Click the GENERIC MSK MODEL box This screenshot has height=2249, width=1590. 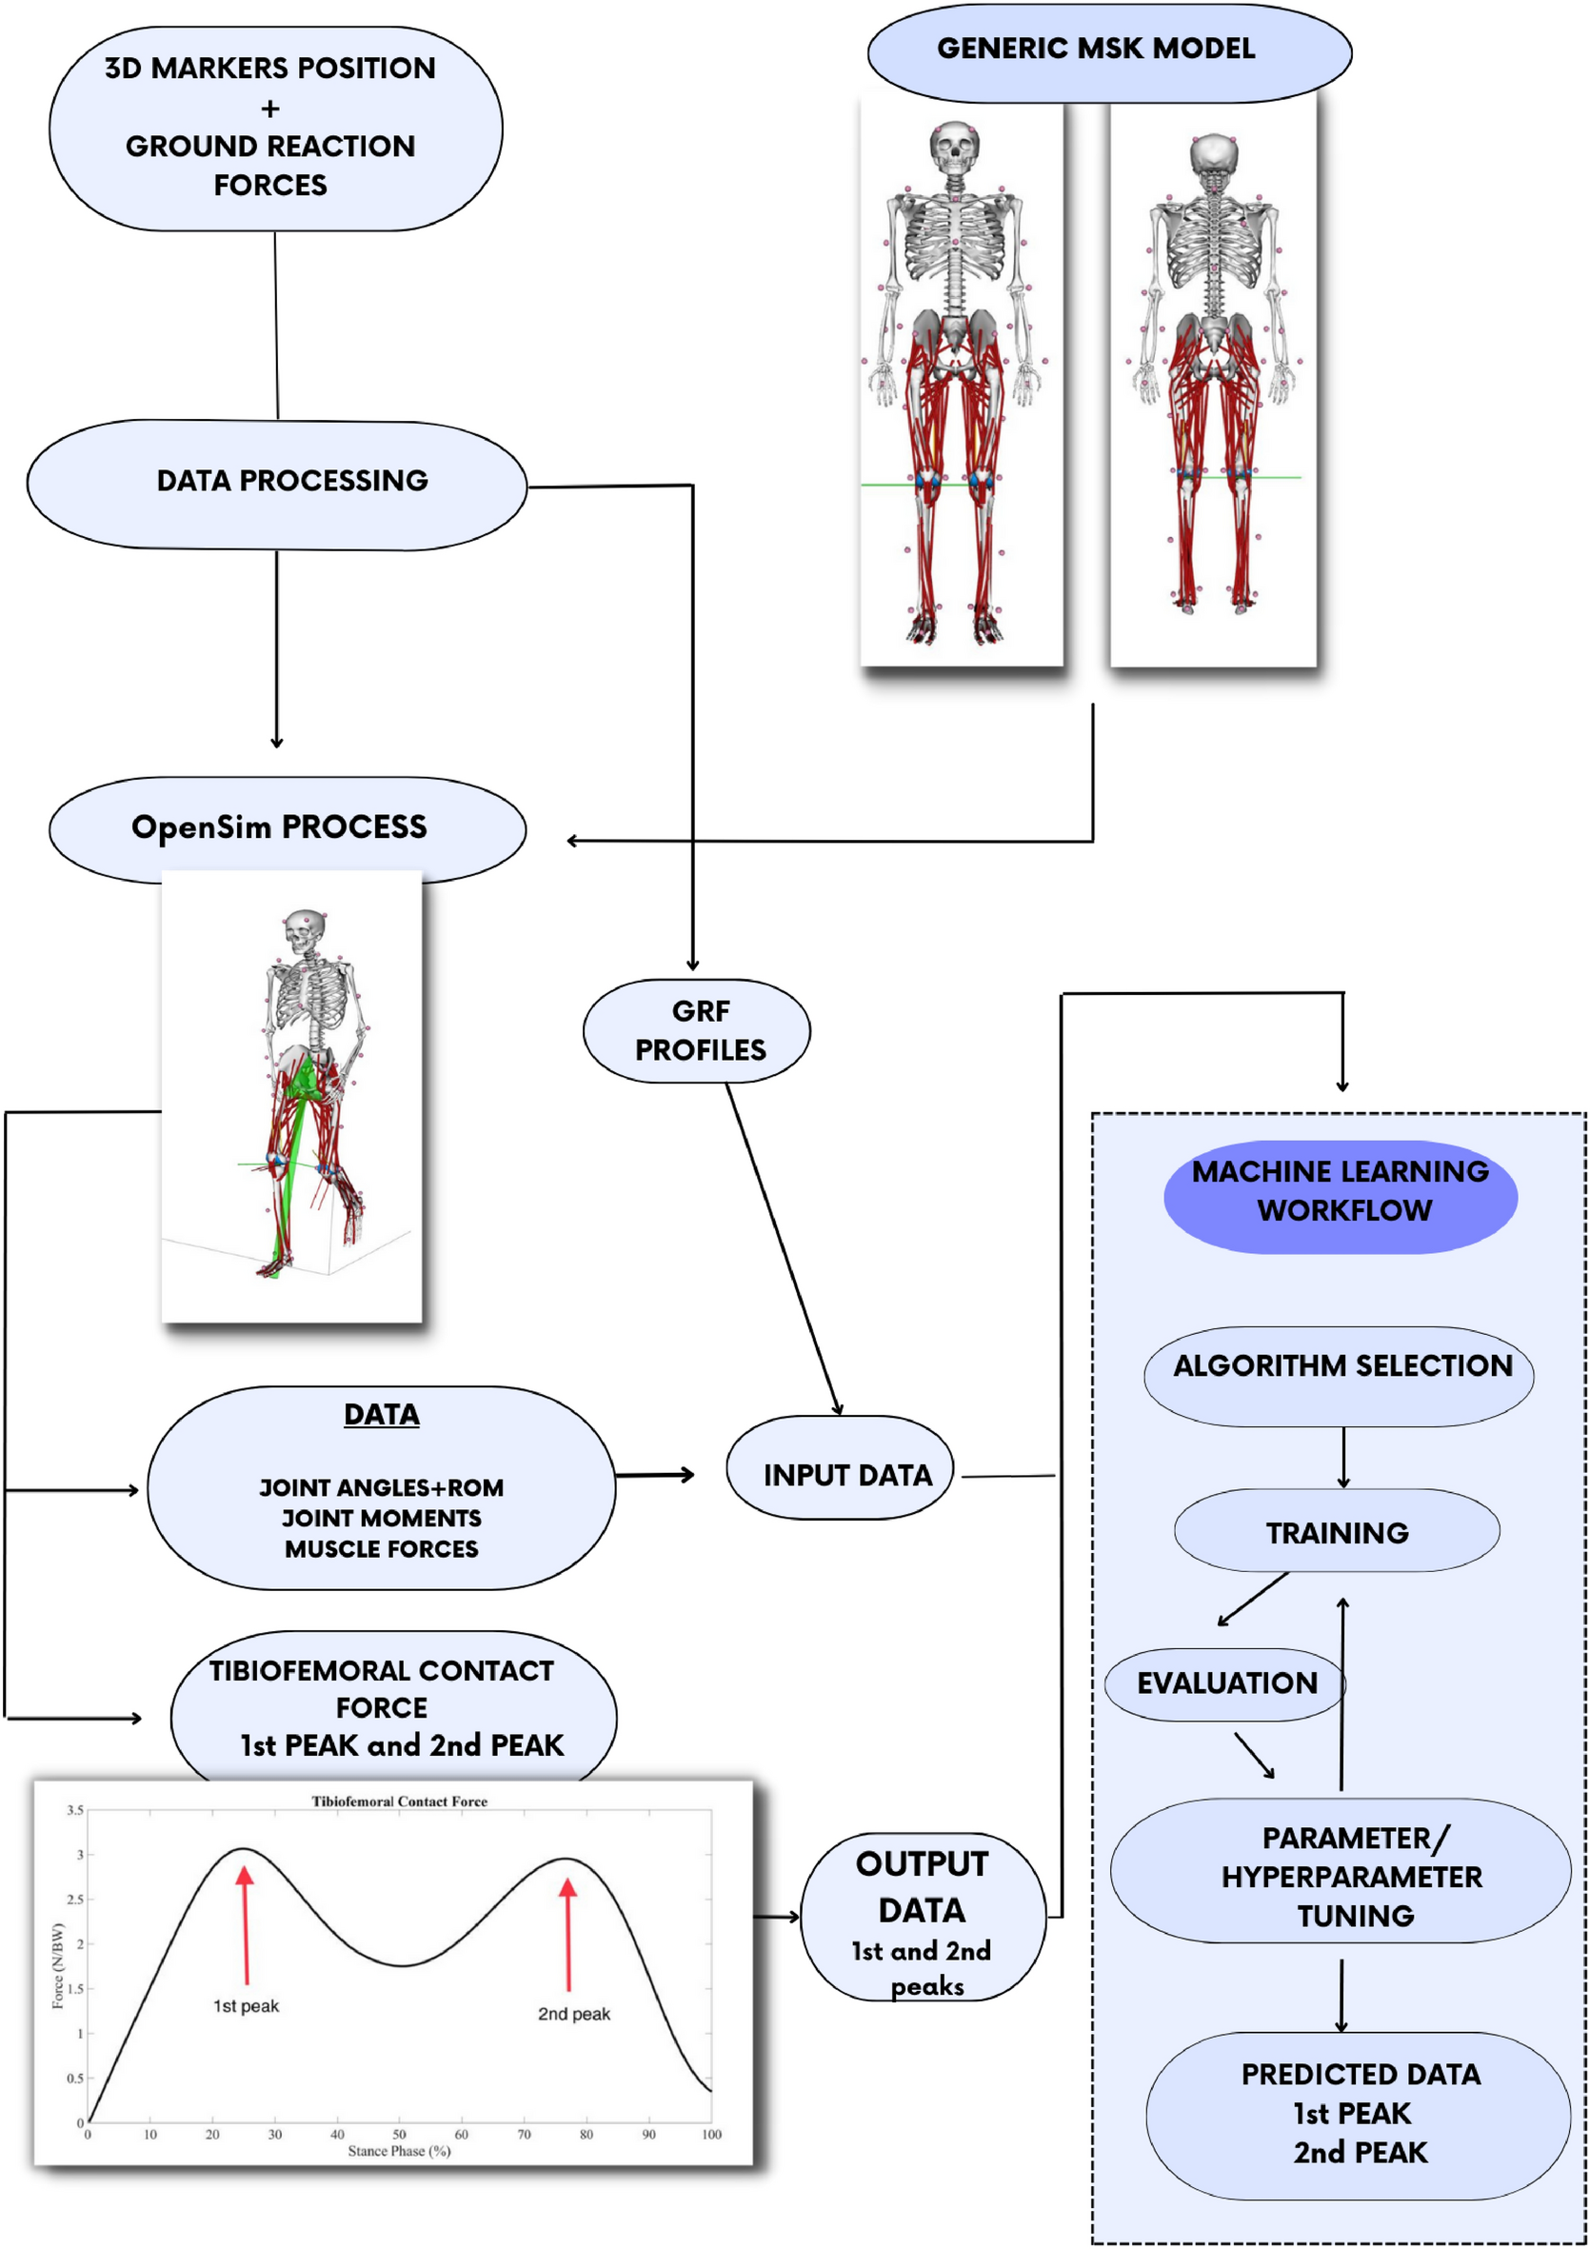pyautogui.click(x=1109, y=50)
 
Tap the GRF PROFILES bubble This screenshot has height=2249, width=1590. pyautogui.click(x=697, y=1030)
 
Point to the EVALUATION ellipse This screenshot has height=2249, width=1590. pyautogui.click(x=1225, y=1683)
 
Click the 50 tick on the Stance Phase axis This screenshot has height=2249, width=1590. pyautogui.click(x=399, y=2135)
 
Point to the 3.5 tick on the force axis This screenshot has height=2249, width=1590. pyautogui.click(x=74, y=1809)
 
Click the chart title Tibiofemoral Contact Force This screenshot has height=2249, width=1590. pyautogui.click(x=399, y=1801)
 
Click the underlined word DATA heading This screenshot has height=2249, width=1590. pyautogui.click(x=381, y=1415)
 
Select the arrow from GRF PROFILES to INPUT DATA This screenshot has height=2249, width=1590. pyautogui.click(x=783, y=1249)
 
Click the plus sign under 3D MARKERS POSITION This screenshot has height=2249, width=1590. pyautogui.click(x=270, y=109)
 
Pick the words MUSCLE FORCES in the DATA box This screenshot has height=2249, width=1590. pyautogui.click(x=381, y=1548)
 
